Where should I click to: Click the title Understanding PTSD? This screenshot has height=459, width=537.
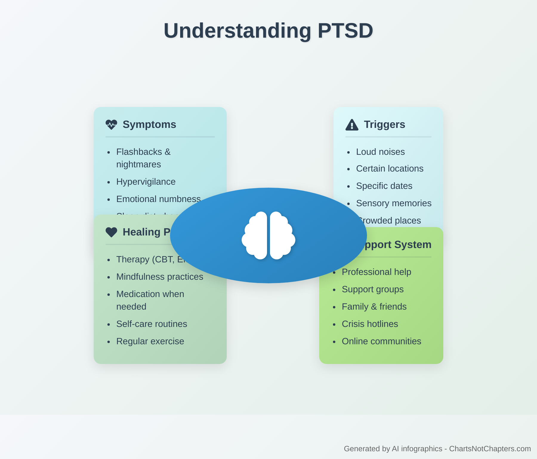(268, 30)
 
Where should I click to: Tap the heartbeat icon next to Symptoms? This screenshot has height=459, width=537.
(111, 125)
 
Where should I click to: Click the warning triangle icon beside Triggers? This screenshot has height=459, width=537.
(352, 125)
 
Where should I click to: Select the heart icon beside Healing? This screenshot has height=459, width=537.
(111, 232)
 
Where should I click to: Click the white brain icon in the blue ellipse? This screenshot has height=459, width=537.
(268, 235)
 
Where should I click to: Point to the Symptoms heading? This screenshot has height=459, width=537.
(149, 125)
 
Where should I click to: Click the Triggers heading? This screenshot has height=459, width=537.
(384, 125)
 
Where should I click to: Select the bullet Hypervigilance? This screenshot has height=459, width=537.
(146, 182)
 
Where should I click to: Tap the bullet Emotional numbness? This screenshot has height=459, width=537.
(158, 199)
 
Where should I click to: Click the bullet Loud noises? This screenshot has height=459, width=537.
(380, 152)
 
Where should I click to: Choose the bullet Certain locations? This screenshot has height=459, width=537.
(389, 169)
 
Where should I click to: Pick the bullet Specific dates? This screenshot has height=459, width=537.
(384, 186)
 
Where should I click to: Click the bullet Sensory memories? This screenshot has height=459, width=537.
(394, 203)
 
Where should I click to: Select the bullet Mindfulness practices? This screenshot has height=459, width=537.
(160, 277)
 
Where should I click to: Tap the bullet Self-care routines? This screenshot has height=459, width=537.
(152, 324)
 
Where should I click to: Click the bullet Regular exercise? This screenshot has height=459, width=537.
(150, 341)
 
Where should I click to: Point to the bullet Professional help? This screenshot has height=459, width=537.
(376, 272)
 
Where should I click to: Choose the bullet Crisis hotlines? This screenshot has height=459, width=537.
(370, 324)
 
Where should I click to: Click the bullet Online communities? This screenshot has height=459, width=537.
(381, 341)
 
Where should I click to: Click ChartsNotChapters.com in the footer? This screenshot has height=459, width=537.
(490, 449)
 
